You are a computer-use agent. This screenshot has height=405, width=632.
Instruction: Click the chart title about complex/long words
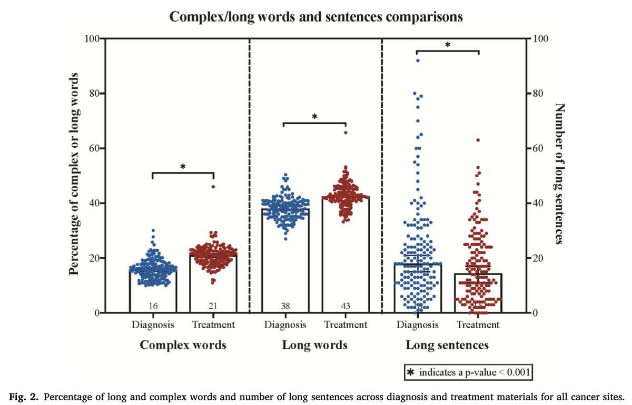click(x=316, y=17)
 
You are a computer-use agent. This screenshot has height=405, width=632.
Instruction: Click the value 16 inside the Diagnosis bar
click(x=153, y=306)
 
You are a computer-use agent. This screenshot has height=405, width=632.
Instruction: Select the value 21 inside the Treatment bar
click(x=213, y=306)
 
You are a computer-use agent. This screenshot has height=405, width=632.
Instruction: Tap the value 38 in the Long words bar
click(x=285, y=306)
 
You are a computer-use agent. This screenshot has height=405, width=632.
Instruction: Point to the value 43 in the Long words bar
click(x=345, y=306)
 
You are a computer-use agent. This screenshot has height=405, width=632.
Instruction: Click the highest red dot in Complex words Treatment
click(x=213, y=187)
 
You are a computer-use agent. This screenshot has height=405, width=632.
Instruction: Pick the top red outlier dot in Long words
click(x=345, y=133)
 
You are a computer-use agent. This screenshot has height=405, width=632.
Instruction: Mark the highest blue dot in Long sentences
click(x=418, y=61)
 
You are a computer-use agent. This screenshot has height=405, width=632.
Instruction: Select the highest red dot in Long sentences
click(x=478, y=140)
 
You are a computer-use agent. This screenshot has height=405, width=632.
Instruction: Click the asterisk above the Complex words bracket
click(x=183, y=167)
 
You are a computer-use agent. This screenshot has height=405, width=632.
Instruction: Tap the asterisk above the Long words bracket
click(x=314, y=117)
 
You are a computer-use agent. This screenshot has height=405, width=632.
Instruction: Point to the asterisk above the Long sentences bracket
click(x=447, y=45)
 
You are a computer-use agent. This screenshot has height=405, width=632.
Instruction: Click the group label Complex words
click(x=183, y=346)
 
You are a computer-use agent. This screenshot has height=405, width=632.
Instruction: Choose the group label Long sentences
click(x=447, y=346)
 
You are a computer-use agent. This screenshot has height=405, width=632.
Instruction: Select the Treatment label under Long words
click(x=345, y=325)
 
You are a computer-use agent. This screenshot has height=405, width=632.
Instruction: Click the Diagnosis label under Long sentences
click(x=418, y=325)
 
